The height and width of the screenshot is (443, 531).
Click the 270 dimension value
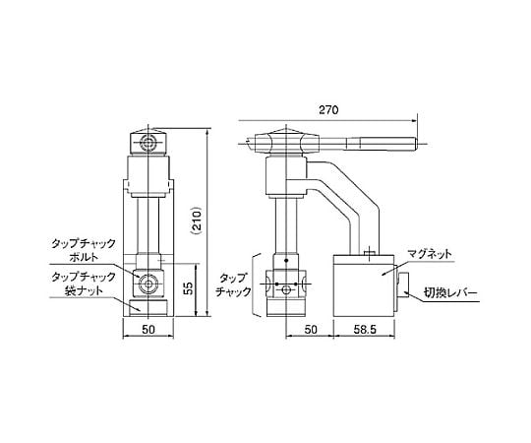click(x=328, y=110)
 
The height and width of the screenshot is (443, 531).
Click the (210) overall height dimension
click(x=197, y=221)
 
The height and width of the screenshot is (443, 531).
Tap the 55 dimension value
click(x=190, y=287)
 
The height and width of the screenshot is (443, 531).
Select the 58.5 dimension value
click(x=365, y=330)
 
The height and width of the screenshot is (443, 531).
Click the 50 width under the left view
click(x=148, y=330)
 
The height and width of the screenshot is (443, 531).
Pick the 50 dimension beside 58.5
click(x=311, y=330)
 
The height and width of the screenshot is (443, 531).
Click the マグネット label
click(x=429, y=254)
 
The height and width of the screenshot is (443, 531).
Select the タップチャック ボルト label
click(x=84, y=250)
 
